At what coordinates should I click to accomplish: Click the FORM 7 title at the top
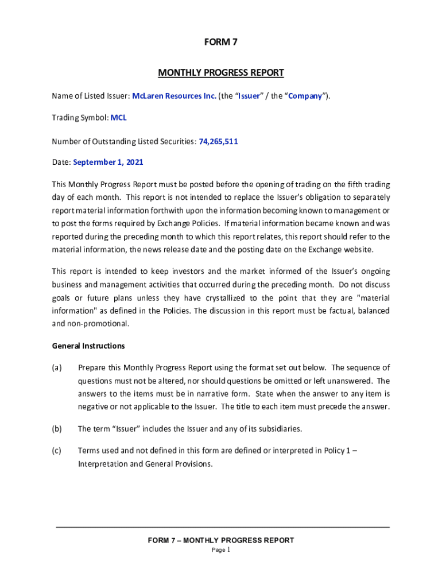tap(221, 41)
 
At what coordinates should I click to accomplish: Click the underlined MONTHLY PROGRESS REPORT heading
tap(221, 73)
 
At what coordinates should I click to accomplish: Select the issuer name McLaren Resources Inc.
tap(175, 96)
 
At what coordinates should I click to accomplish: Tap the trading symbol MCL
tap(119, 118)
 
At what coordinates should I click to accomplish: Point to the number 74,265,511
tap(218, 140)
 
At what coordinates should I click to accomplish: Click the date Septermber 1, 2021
tap(108, 163)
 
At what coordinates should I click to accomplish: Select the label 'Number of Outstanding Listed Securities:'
tap(124, 140)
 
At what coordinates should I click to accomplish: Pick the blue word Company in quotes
tap(305, 96)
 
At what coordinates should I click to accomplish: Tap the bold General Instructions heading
tap(88, 346)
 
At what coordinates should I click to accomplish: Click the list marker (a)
tap(57, 367)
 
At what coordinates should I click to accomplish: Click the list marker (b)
tap(57, 428)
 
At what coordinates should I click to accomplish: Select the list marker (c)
tap(57, 451)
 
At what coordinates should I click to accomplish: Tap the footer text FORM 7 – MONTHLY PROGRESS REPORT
tap(221, 540)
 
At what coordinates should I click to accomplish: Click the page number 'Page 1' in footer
tap(221, 550)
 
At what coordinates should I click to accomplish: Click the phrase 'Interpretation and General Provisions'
tap(145, 463)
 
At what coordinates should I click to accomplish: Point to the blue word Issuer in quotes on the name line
tap(249, 96)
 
